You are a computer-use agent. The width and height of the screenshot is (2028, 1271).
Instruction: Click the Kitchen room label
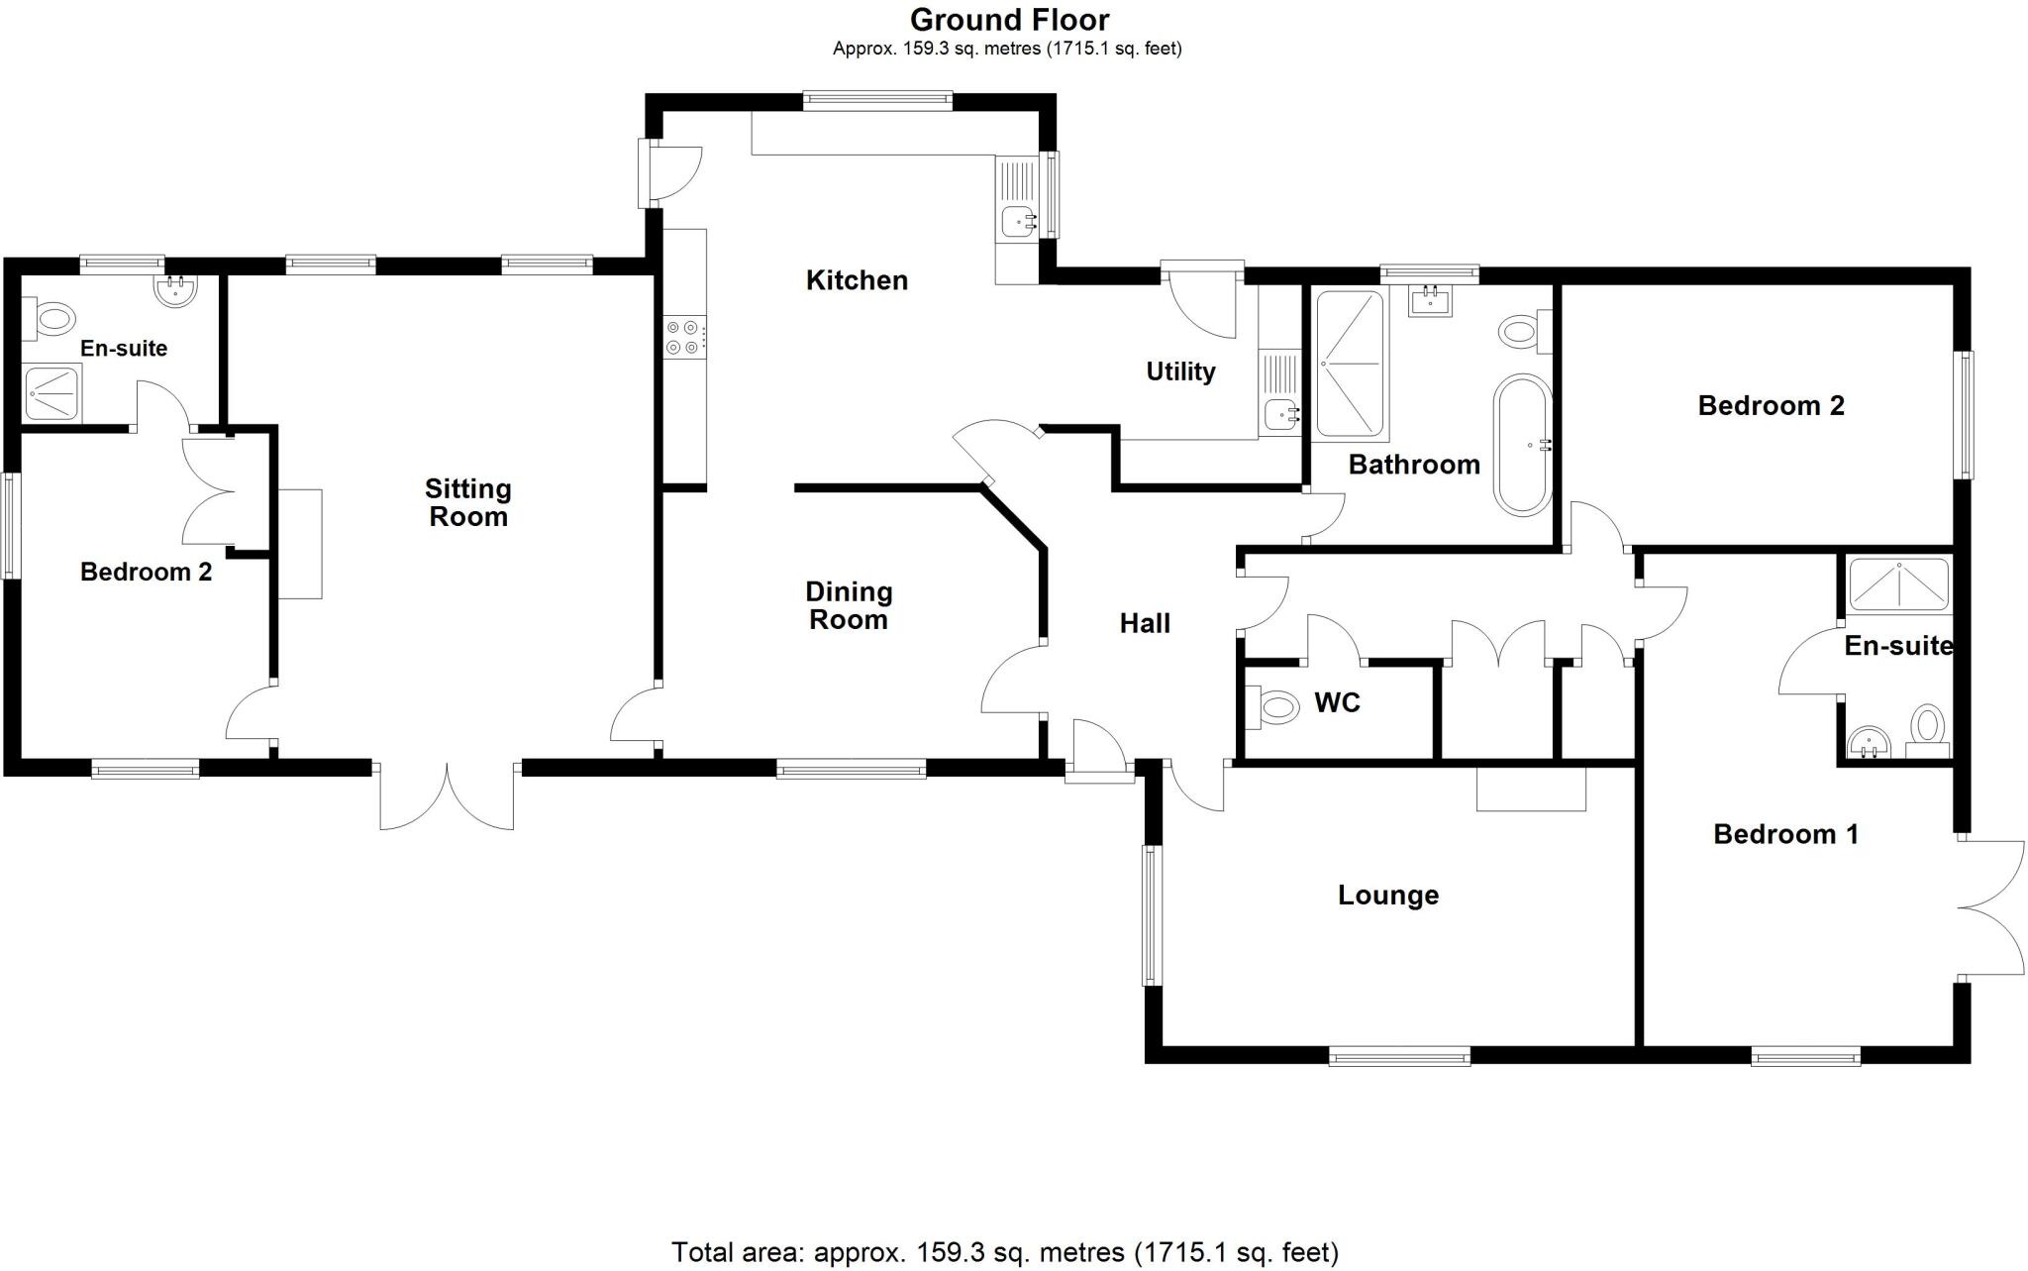pyautogui.click(x=857, y=280)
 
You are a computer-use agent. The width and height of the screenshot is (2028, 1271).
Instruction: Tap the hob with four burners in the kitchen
pyautogui.click(x=683, y=337)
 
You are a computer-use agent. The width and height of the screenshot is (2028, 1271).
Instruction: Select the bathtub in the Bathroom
pyautogui.click(x=1522, y=445)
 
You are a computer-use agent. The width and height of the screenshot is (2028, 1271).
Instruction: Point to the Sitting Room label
pyautogui.click(x=467, y=502)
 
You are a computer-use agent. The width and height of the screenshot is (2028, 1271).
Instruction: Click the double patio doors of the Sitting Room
pyautogui.click(x=447, y=795)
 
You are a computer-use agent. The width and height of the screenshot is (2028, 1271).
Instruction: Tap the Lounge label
pyautogui.click(x=1387, y=896)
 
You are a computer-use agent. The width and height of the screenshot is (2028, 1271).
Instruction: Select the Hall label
pyautogui.click(x=1145, y=623)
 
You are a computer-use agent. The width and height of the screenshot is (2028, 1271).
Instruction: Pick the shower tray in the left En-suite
pyautogui.click(x=52, y=393)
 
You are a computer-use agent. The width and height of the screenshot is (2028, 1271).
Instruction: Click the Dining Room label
pyautogui.click(x=849, y=605)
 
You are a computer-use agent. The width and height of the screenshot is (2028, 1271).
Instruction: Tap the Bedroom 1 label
pyautogui.click(x=1785, y=834)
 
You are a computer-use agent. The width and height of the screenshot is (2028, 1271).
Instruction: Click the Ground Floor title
pyautogui.click(x=1009, y=20)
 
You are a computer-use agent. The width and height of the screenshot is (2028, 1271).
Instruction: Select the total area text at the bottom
pyautogui.click(x=1004, y=1252)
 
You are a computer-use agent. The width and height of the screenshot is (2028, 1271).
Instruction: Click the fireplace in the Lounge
pyautogui.click(x=1530, y=789)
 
